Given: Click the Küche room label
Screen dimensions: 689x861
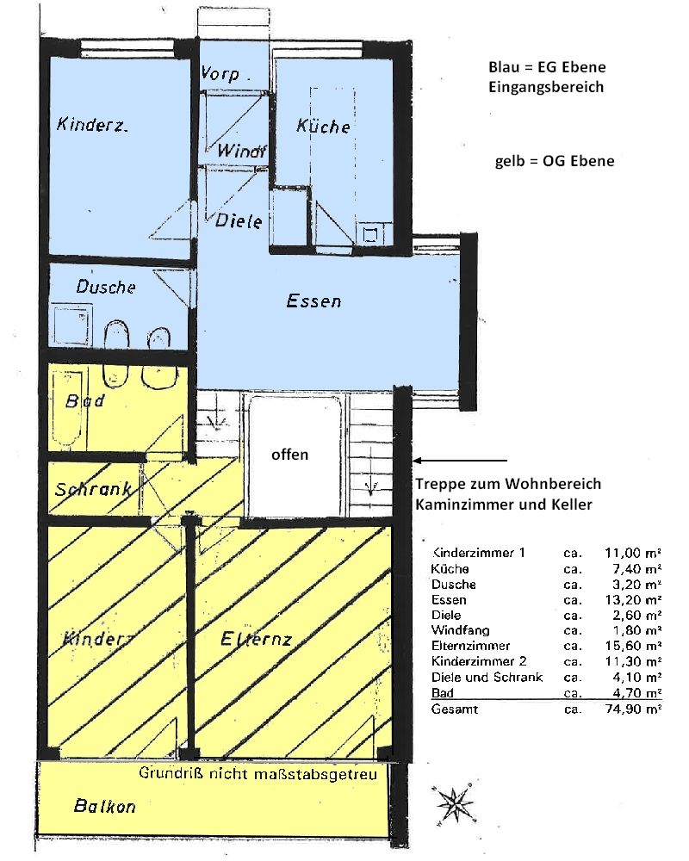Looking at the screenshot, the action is point(323,126).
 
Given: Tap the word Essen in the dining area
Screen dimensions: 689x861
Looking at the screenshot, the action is point(313,300).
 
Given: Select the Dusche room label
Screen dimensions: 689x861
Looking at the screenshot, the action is point(106,286).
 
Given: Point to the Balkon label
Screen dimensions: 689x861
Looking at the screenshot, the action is point(104,806).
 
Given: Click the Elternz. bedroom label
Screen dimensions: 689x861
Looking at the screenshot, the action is point(256,639).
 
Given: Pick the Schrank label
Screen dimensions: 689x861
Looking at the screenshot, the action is point(93,489).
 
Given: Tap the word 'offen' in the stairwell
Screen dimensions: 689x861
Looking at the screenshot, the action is point(289,454).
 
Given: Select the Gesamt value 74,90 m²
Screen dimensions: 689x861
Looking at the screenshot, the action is point(634,709).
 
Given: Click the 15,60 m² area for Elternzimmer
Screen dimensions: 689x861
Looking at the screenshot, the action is point(634,646).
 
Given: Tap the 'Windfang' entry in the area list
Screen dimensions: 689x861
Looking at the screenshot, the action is point(461,630).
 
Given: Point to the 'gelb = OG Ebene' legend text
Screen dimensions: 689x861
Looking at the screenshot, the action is point(555,161).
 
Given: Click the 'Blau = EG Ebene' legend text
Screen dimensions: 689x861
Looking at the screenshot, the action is point(547,67).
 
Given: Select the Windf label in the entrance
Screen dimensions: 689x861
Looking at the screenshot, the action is point(241,151).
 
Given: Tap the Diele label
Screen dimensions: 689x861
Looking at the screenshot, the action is point(238,220).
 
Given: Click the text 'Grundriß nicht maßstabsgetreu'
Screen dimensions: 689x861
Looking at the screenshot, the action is point(258,774).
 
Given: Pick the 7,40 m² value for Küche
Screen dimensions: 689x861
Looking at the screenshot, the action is point(636,569).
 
